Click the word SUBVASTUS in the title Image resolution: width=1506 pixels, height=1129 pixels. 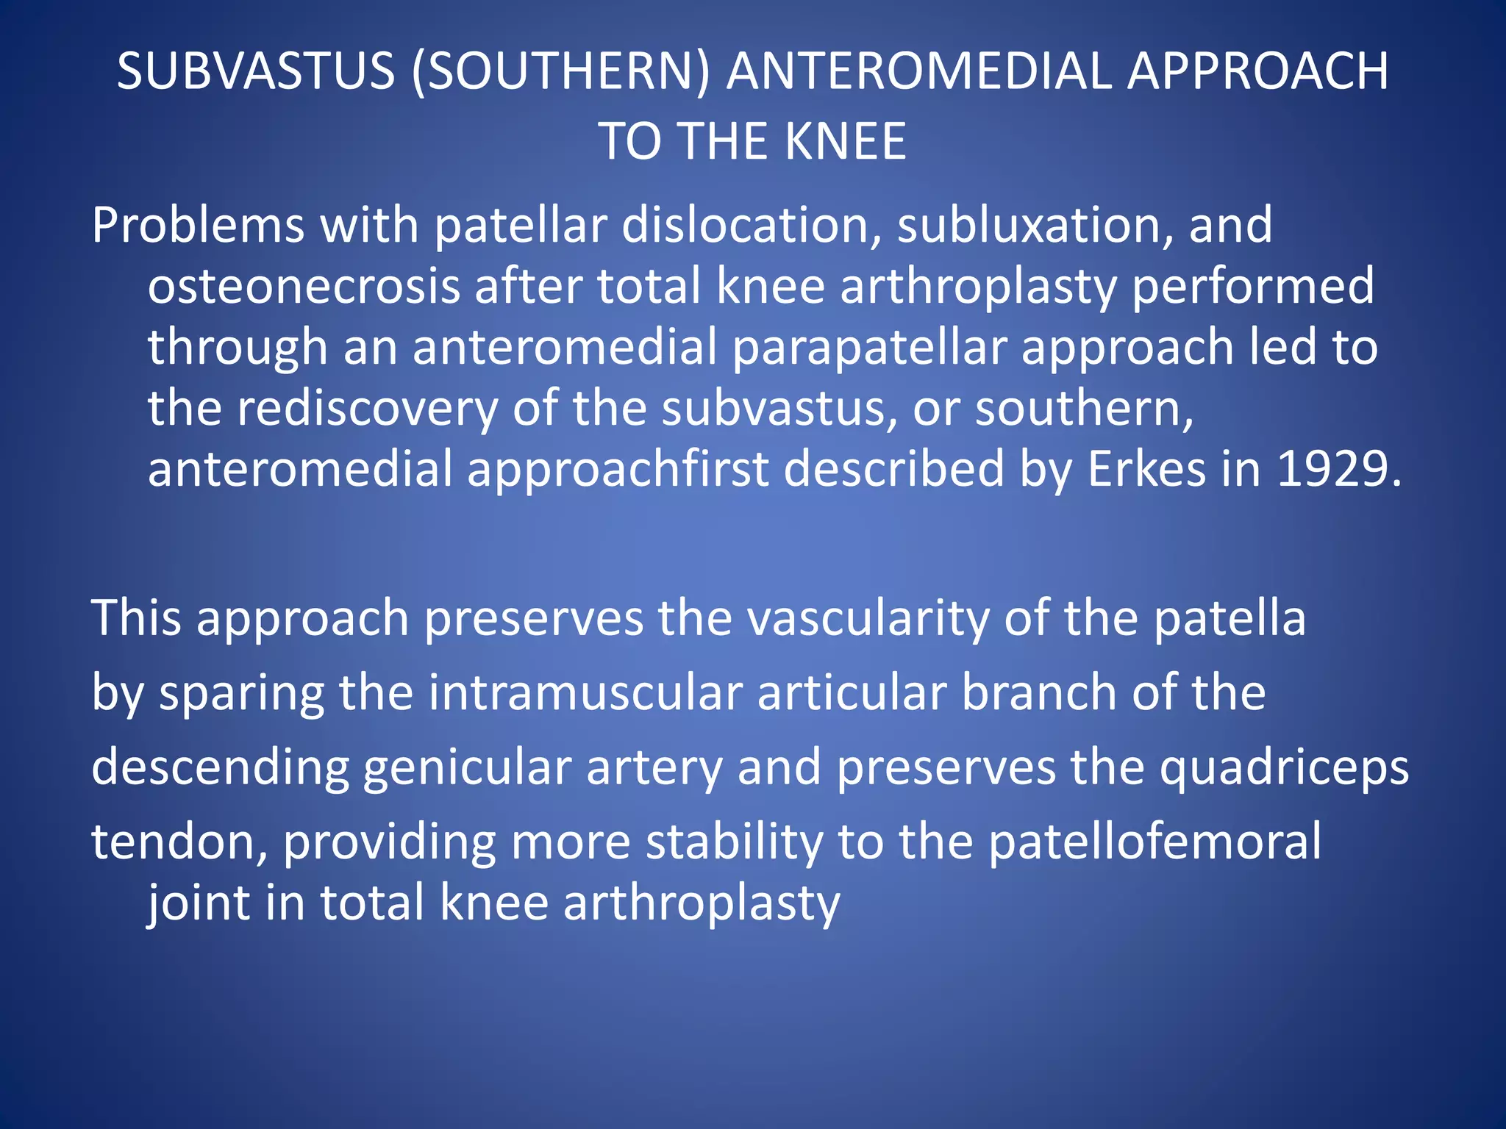click(x=256, y=71)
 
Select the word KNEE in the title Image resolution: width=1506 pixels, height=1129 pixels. click(x=845, y=141)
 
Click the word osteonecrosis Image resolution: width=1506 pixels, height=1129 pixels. click(x=303, y=286)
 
